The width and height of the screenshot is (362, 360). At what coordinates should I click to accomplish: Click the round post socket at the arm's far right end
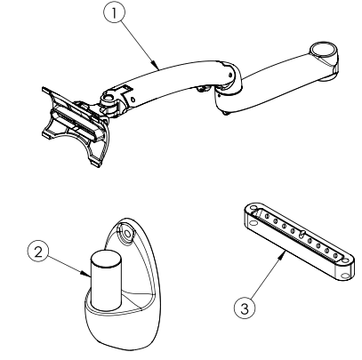click(x=326, y=52)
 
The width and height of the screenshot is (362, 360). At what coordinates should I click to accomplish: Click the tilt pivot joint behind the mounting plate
click(x=110, y=100)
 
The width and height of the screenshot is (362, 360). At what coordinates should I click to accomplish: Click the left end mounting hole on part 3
click(x=245, y=213)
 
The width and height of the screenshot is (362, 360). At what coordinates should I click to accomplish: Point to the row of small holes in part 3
click(x=294, y=241)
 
